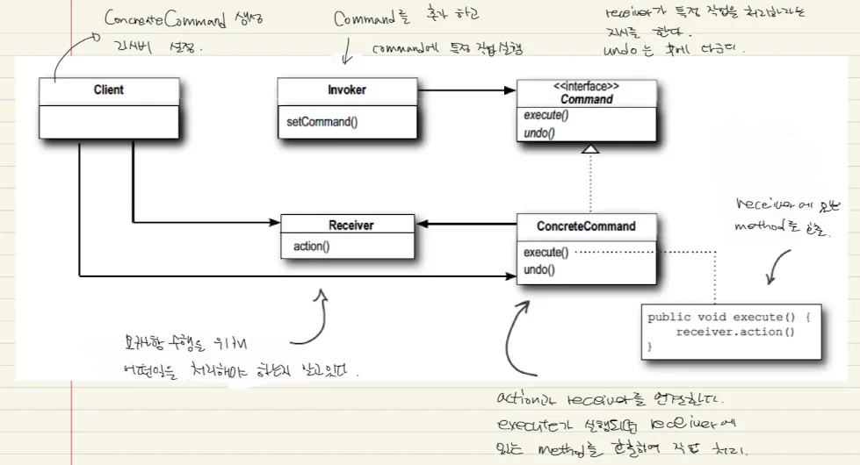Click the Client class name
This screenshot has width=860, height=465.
tap(109, 89)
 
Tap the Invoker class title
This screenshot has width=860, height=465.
tap(347, 89)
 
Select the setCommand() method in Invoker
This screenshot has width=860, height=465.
tap(322, 122)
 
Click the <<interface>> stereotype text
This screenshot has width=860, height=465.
tap(586, 87)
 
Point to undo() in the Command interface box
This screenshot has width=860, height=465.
tap(539, 132)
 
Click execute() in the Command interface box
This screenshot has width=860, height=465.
tap(546, 116)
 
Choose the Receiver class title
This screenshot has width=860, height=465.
tap(351, 225)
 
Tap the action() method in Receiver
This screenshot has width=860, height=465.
tap(312, 247)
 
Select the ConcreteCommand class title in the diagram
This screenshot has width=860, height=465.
tap(586, 226)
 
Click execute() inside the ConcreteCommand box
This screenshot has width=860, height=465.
tap(546, 253)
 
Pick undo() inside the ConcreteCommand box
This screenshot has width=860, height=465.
tap(539, 269)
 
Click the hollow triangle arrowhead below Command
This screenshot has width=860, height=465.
tap(590, 150)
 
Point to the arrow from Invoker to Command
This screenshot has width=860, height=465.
tap(466, 89)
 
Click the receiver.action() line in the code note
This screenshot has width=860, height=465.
tap(735, 332)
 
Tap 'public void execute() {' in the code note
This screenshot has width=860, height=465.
tap(734, 318)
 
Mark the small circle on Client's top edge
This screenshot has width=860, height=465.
tap(93, 37)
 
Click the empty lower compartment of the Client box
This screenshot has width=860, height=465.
tap(109, 120)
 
